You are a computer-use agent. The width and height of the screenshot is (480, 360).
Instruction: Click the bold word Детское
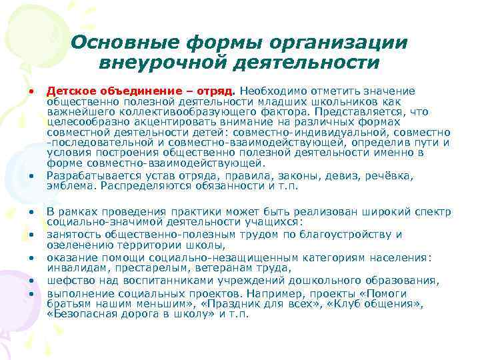coord(69,90)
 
